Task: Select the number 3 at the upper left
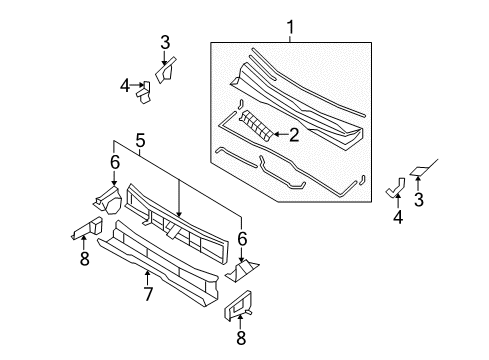(165, 41)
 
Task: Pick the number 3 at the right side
(419, 200)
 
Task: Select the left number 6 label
(115, 161)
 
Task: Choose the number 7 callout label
(147, 295)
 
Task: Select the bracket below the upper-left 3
(165, 69)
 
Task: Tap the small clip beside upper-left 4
(146, 91)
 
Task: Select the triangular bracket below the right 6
(245, 270)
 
